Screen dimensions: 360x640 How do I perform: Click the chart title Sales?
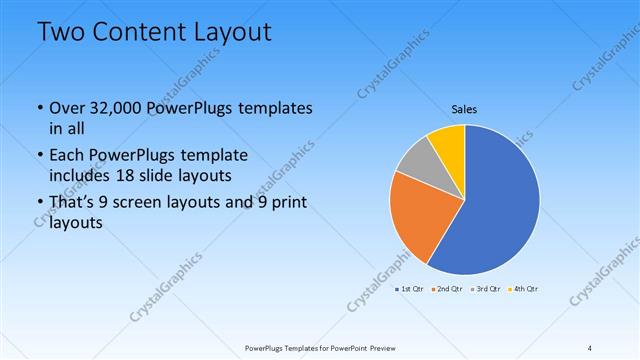tap(464, 109)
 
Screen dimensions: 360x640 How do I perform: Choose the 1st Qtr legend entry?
tap(410, 289)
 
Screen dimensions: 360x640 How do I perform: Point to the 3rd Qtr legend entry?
tap(486, 289)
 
